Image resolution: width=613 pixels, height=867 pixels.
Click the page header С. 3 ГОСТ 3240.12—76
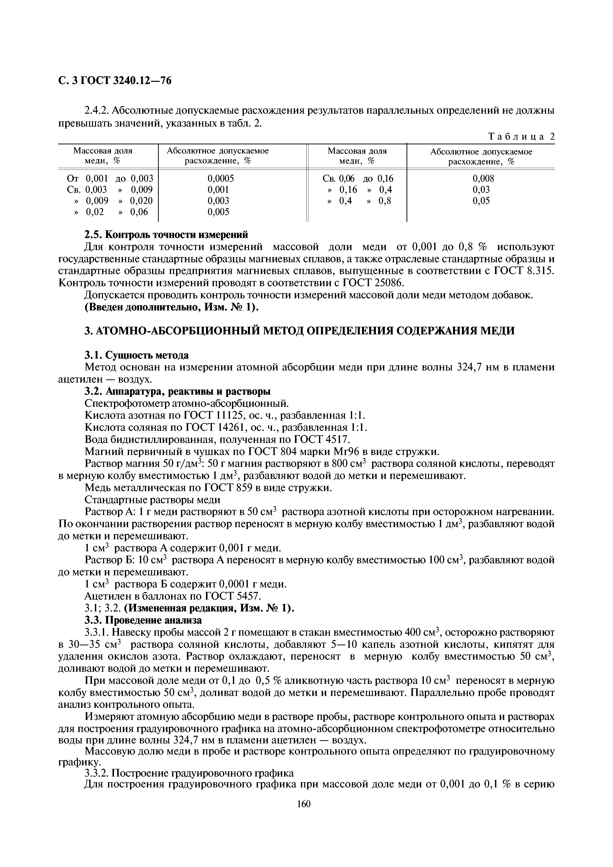(115, 80)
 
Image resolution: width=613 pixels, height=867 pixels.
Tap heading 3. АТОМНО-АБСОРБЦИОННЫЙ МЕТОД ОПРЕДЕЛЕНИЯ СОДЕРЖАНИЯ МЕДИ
(299, 331)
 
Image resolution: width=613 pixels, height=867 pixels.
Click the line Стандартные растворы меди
(153, 500)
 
